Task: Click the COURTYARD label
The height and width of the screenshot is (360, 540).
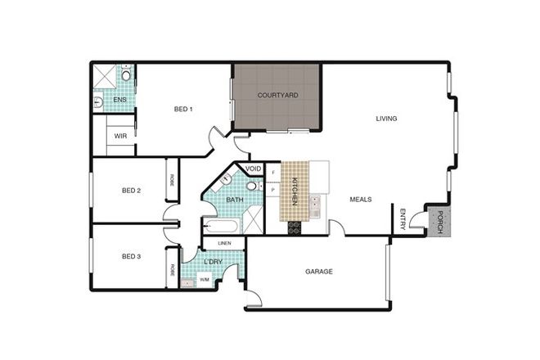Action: pos(277,96)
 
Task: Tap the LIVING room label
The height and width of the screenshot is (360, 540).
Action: pos(386,119)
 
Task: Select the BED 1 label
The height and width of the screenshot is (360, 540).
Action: pos(183,109)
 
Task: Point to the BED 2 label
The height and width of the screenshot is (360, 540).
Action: pos(132,191)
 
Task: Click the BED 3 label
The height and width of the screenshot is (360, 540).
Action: pos(132,256)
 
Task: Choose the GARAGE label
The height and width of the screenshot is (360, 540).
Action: pos(319,272)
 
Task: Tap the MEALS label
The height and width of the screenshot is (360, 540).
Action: pos(362,199)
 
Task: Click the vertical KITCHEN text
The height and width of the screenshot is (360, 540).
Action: pos(293,191)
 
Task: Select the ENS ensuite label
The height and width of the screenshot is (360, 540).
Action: pos(119,101)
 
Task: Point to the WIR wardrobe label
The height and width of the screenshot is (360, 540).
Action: pos(119,136)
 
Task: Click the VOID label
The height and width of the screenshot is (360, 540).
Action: pos(254,169)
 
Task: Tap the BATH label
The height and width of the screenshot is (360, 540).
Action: pos(235,200)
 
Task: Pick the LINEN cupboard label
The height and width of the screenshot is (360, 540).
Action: pos(224,243)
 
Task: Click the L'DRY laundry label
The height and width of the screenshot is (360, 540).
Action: pos(214,262)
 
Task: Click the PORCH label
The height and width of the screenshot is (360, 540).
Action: pos(439,223)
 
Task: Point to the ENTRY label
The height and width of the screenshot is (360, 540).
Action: pos(403,221)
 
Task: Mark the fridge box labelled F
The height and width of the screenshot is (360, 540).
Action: pos(272,173)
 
